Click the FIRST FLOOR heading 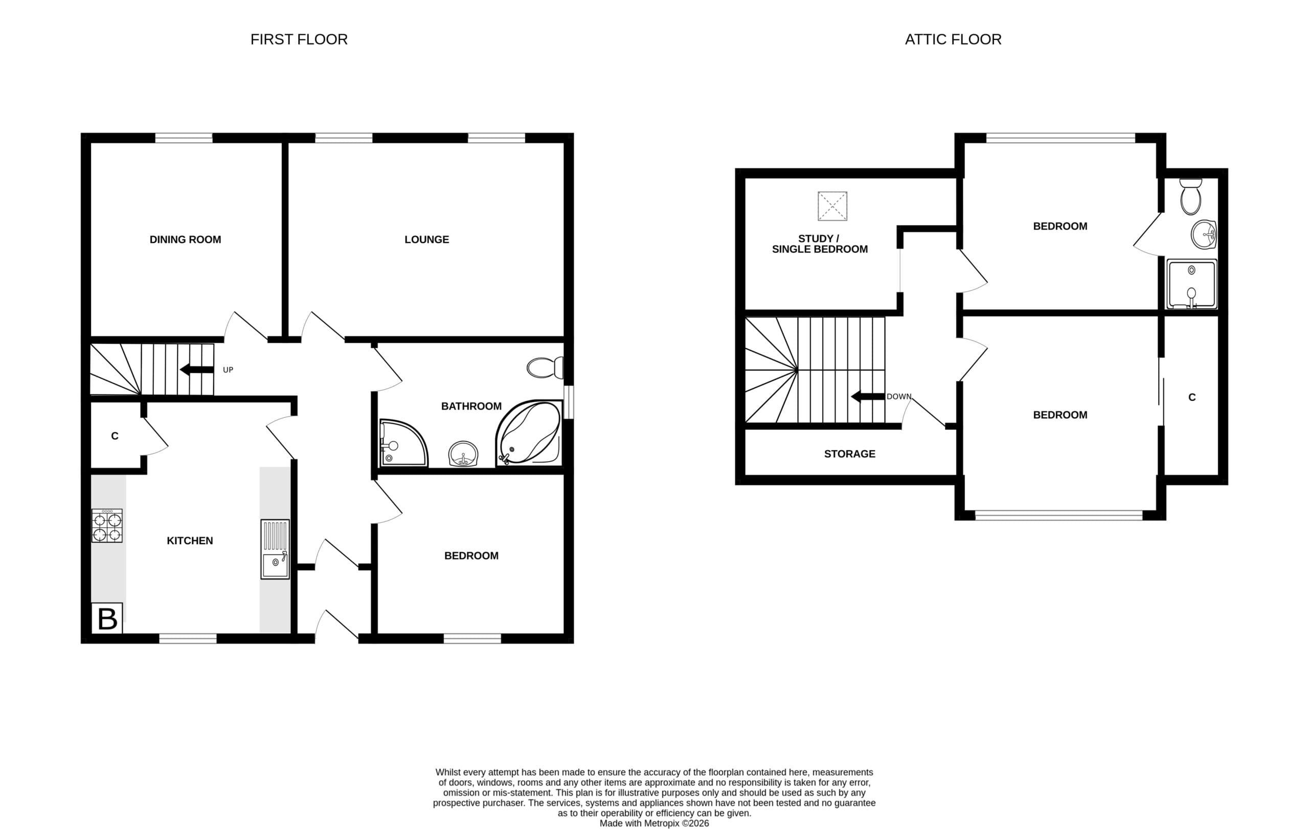[299, 39]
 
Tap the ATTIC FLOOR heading [953, 39]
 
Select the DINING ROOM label [186, 239]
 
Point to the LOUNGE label [427, 239]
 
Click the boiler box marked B [107, 618]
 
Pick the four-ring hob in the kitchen [107, 526]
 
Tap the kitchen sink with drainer [275, 549]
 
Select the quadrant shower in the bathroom [403, 443]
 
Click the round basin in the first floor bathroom [463, 454]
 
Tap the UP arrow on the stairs [197, 370]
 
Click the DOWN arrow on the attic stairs [868, 396]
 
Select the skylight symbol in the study [832, 206]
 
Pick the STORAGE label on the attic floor [850, 454]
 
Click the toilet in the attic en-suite [1190, 196]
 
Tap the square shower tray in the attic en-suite [1191, 284]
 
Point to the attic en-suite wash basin [1204, 235]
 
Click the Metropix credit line [654, 823]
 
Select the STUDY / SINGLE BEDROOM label [820, 243]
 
